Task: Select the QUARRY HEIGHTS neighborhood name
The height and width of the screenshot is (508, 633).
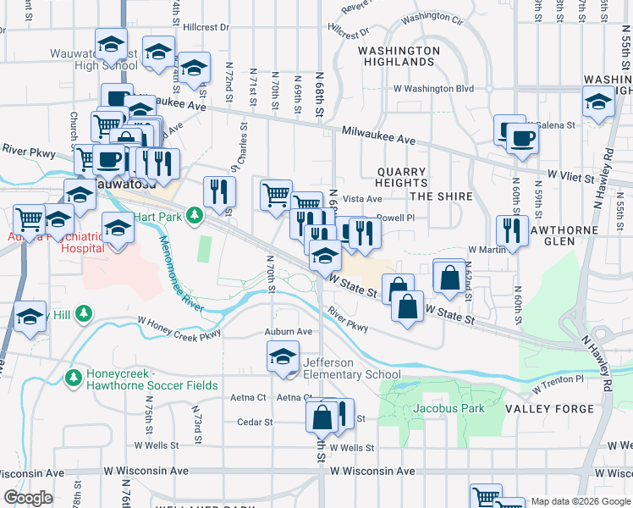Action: [401, 177]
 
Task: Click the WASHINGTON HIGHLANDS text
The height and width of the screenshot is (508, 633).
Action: [399, 57]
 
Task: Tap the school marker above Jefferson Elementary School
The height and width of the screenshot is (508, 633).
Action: [283, 356]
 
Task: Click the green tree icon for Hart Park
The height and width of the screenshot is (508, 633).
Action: [195, 216]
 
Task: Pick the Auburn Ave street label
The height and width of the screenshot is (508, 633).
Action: [289, 332]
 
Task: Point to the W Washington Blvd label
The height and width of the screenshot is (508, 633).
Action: [432, 88]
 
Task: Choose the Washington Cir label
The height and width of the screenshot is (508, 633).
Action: [432, 18]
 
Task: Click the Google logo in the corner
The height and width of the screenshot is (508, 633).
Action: [28, 498]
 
